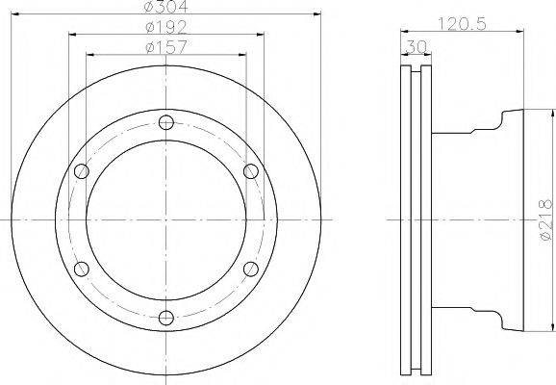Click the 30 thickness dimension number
click(x=417, y=45)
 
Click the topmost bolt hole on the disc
click(x=165, y=122)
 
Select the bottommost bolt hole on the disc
click(x=165, y=318)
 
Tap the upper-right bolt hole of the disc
click(x=250, y=171)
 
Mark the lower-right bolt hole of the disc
click(x=250, y=269)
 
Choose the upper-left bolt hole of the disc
click(x=81, y=171)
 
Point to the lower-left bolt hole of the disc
click(x=81, y=269)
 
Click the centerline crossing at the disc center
click(x=165, y=219)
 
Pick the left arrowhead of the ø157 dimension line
click(x=89, y=54)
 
